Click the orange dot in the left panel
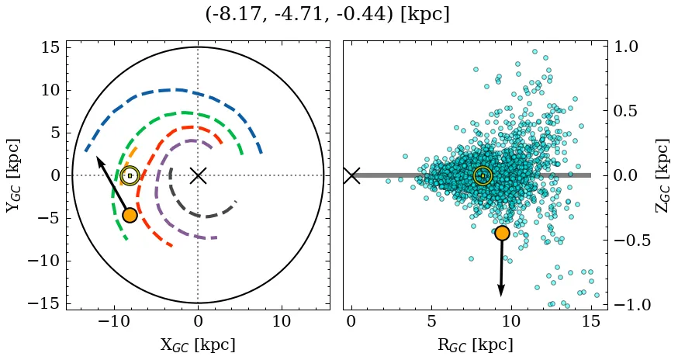coord(130,215)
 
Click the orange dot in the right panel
coord(502,233)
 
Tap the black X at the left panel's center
coord(198,175)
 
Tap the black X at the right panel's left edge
coord(351,175)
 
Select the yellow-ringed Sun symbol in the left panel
coord(130,175)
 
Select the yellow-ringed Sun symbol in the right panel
coord(483,175)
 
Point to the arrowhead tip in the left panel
coord(97,157)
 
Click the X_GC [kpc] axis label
coord(198,344)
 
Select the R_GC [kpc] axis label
coord(475,344)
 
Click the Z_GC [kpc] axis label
coord(662,175)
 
